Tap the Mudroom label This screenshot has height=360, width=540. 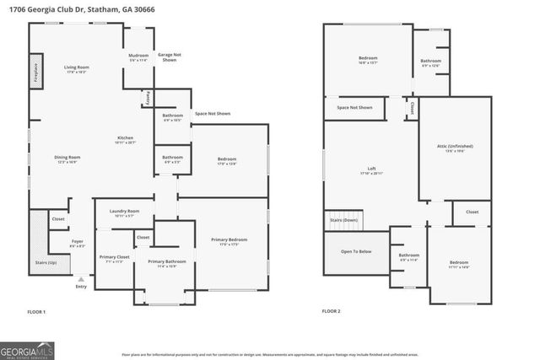click(x=139, y=57)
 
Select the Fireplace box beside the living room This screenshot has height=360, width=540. click(x=35, y=70)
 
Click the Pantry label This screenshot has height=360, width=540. click(x=148, y=98)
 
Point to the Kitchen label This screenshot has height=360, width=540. click(x=125, y=138)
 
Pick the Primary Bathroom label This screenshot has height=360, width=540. click(x=166, y=262)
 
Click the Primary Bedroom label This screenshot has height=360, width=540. click(x=229, y=240)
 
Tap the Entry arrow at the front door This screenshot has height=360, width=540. click(x=81, y=279)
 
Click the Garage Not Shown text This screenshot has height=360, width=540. click(x=169, y=57)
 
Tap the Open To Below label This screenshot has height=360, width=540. click(x=356, y=251)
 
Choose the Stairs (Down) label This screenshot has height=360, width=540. click(x=342, y=219)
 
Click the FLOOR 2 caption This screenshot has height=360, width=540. click(x=331, y=311)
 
